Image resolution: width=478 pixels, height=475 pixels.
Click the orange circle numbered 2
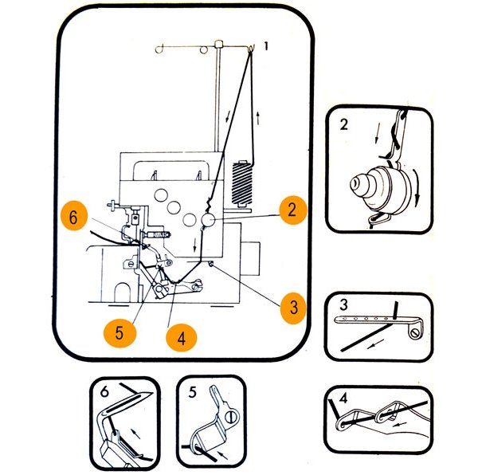(x=292, y=210)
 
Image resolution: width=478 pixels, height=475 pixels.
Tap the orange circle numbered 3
(x=294, y=307)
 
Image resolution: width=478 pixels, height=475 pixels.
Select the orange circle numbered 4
(x=181, y=338)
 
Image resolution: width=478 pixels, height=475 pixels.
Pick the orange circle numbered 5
(x=119, y=332)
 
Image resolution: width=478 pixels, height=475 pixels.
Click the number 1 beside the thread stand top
(x=266, y=47)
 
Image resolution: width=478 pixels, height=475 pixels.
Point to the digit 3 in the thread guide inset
(x=342, y=305)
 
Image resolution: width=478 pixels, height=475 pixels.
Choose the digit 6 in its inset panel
(x=105, y=391)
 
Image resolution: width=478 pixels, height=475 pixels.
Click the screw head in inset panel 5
(x=230, y=415)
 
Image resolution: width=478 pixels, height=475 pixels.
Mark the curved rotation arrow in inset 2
(x=418, y=179)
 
